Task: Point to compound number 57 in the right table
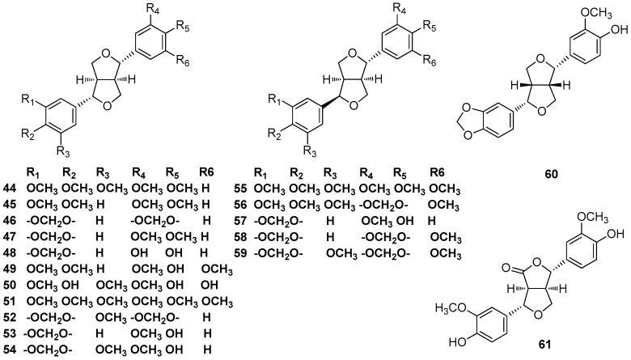(239, 219)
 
